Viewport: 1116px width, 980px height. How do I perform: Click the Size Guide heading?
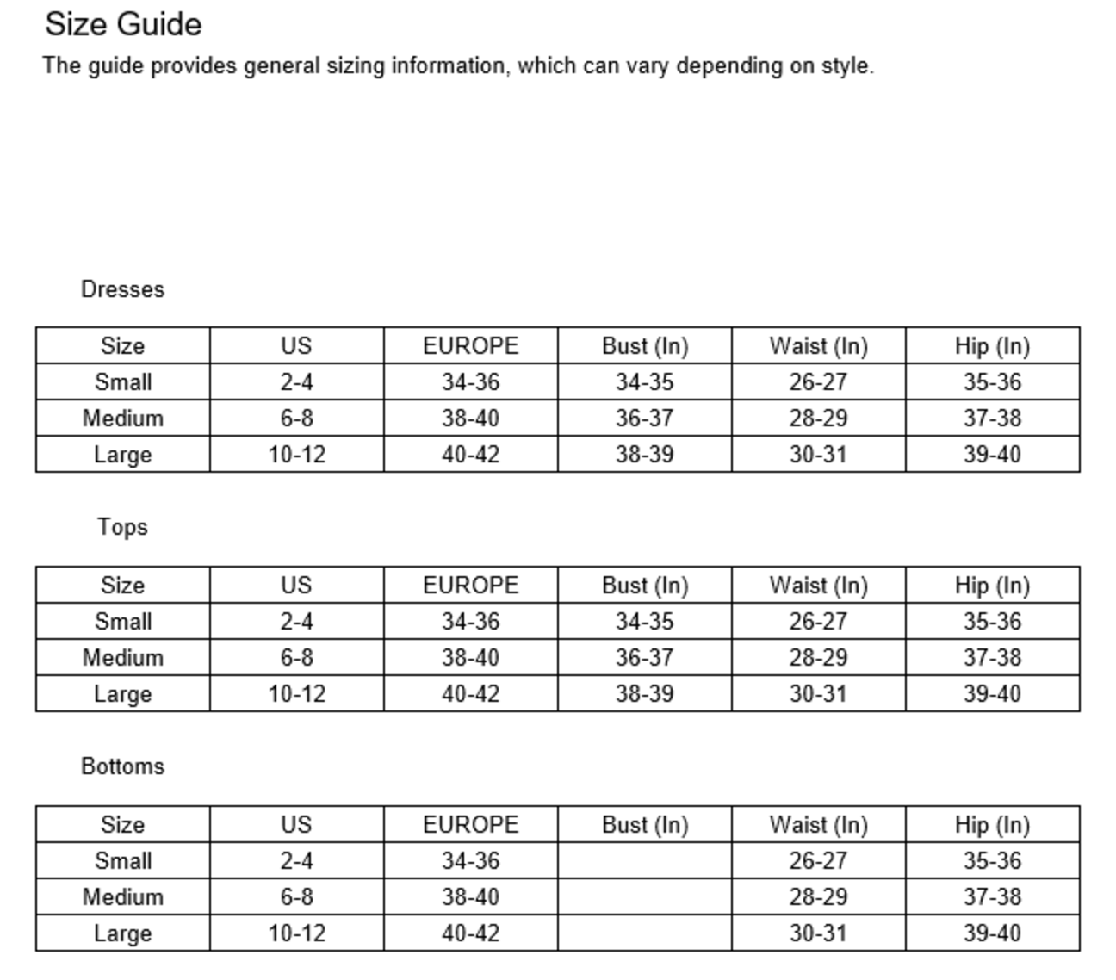(123, 24)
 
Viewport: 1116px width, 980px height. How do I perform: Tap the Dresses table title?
(122, 289)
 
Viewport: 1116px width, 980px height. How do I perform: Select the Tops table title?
(122, 527)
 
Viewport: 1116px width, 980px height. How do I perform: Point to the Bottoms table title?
(122, 766)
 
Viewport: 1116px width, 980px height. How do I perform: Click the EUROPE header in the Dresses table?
(470, 346)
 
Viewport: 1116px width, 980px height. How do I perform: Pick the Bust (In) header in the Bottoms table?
(645, 825)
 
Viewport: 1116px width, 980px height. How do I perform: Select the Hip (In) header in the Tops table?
(992, 586)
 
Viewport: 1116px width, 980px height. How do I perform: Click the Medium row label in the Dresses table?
(122, 419)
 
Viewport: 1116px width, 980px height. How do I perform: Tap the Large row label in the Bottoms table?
(122, 933)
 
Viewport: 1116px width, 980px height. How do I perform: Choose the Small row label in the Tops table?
(122, 622)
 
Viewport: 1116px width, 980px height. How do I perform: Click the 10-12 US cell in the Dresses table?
(296, 455)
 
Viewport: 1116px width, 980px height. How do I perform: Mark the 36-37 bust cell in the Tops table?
(645, 658)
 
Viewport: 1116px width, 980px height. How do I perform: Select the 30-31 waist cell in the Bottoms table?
(818, 933)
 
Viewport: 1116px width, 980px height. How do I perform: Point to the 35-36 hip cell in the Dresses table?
(992, 382)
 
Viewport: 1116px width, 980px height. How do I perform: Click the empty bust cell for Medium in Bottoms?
(645, 897)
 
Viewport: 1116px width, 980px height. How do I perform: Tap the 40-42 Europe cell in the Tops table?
(470, 694)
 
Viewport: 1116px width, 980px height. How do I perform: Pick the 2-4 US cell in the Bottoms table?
(296, 861)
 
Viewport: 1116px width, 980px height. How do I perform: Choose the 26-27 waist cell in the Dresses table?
(818, 382)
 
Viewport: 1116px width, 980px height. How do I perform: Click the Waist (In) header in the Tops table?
(818, 586)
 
